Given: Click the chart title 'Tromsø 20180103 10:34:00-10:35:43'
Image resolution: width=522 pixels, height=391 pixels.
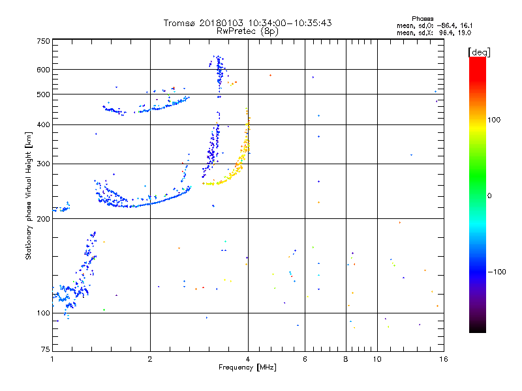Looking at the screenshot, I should click(x=247, y=23).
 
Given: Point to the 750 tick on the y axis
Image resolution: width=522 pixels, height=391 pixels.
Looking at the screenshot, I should click(x=43, y=41).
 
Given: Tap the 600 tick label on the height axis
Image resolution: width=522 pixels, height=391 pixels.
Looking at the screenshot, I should click(x=43, y=70).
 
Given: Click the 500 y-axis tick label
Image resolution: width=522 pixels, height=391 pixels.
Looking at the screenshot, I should click(x=43, y=94).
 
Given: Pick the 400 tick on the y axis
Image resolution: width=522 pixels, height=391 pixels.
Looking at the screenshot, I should click(x=43, y=124).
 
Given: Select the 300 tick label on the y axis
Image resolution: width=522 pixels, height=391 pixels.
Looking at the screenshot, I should click(x=43, y=164).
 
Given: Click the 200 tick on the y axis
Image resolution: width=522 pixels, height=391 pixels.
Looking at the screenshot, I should click(x=43, y=219).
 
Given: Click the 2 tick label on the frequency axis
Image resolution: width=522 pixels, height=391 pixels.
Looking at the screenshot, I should click(x=150, y=359).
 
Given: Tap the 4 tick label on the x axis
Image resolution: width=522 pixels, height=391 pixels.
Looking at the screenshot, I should click(x=247, y=359).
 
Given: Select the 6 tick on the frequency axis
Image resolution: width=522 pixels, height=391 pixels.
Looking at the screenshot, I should click(x=305, y=359).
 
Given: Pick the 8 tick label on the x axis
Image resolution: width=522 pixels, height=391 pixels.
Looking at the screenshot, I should click(x=346, y=359).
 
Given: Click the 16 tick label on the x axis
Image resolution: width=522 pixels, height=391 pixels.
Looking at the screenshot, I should click(x=443, y=359).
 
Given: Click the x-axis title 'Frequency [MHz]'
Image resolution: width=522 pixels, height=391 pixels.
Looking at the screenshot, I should click(x=247, y=368).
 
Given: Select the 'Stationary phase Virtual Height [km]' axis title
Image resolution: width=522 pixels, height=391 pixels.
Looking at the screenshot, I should click(x=29, y=195).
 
